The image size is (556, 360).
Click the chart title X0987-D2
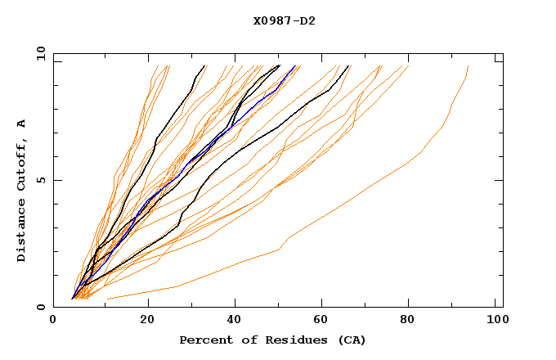[284, 20]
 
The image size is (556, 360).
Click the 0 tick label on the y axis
[41, 307]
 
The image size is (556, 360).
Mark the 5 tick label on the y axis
[41, 180]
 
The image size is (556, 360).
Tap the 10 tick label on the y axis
[38, 53]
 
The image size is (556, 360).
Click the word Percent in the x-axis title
[202, 340]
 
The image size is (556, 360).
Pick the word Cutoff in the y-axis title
[21, 162]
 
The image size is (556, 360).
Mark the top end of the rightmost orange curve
[468, 65]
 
